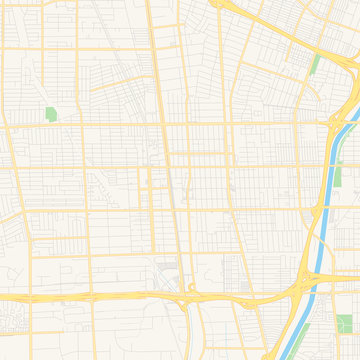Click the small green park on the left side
coord(51,114)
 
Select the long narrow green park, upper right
coord(316,66)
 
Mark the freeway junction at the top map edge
coord(222,4)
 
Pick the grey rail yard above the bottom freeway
coord(167,272)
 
